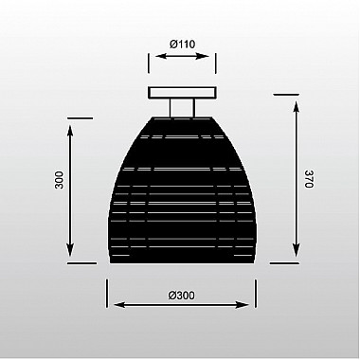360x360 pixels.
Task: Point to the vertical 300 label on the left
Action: point(59,180)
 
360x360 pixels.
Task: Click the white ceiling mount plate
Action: point(180,92)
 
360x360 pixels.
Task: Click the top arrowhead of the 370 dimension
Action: point(295,99)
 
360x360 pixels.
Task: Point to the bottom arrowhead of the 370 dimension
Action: point(295,260)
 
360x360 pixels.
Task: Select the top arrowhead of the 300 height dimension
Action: point(72,123)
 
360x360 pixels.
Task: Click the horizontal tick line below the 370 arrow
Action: point(287,264)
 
